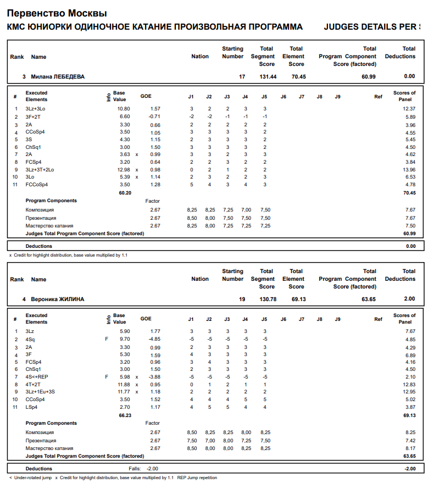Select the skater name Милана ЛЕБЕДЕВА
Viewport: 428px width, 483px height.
(x=58, y=76)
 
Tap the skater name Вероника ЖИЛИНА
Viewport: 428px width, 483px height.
(x=57, y=299)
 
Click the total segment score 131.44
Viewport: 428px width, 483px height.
(x=268, y=76)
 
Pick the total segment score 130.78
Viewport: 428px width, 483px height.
(x=268, y=299)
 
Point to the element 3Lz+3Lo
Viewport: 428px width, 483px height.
(x=36, y=109)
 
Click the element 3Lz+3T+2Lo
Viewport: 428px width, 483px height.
(x=40, y=170)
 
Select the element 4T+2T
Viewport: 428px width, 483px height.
(x=34, y=385)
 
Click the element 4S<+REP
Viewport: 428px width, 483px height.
(x=37, y=377)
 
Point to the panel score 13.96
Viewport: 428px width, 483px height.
(x=408, y=170)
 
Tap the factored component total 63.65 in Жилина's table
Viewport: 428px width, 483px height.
(x=408, y=456)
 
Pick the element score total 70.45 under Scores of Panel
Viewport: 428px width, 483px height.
(x=408, y=193)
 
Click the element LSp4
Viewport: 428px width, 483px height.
(x=32, y=407)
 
